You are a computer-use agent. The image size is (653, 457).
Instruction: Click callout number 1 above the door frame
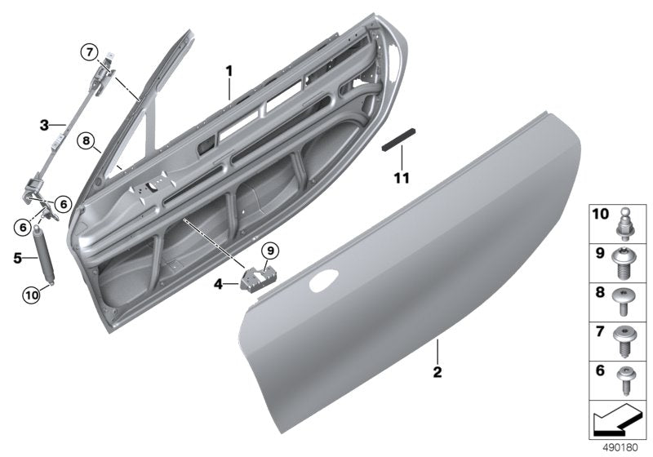coord(229,72)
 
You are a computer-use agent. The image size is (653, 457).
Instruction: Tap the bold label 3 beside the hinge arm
coord(45,125)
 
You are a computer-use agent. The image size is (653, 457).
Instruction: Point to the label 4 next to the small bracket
coord(217,285)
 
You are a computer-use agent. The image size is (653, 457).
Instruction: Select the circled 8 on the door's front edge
coord(87,141)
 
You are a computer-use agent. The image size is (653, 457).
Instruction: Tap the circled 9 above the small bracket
coord(270,251)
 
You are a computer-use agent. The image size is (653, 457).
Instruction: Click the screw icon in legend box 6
coord(626,378)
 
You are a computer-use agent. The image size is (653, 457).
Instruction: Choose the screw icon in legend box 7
coord(626,339)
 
